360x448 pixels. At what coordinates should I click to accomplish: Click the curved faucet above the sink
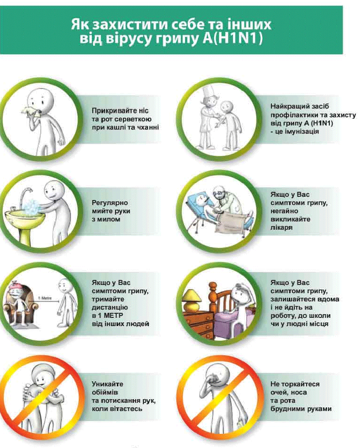[x=26, y=197]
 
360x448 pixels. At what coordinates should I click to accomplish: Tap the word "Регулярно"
[x=110, y=203]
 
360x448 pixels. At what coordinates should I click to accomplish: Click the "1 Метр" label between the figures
[x=45, y=298]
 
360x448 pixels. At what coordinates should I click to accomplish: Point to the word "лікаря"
[x=281, y=228]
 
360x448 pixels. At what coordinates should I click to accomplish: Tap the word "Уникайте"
[x=107, y=384]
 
